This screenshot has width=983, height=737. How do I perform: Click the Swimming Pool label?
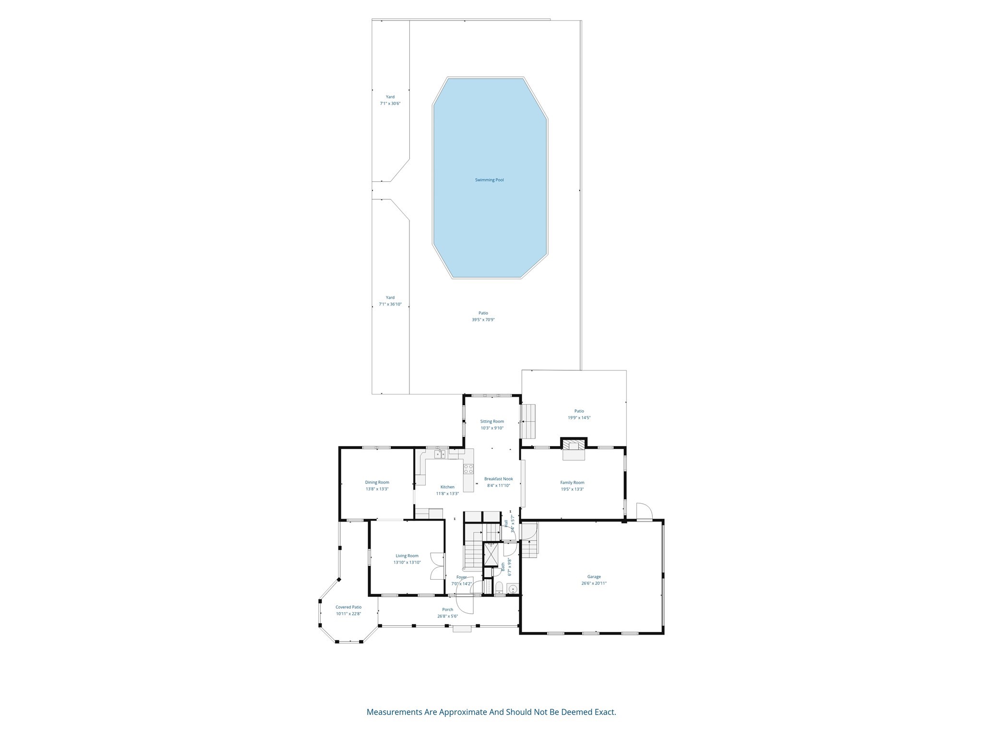pos(489,180)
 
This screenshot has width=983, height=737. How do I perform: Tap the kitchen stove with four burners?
pos(468,469)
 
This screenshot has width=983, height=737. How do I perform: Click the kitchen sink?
pos(440,454)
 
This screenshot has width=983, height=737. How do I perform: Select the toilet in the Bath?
pos(499,588)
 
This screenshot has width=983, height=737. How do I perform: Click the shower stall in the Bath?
pos(491,554)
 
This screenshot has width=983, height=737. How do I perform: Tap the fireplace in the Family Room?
pos(574,449)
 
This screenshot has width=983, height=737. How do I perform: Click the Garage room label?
pos(594,577)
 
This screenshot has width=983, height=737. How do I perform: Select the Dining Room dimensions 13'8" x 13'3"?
pos(377,489)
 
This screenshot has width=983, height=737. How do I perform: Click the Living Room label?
pos(407,556)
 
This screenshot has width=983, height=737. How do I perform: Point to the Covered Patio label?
pos(348,607)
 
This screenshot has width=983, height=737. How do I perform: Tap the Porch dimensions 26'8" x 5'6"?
pos(447,616)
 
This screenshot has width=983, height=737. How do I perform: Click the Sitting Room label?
pos(492,421)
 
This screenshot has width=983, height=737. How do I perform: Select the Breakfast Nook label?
pos(498,479)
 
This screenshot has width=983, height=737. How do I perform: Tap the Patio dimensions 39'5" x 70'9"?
pos(483,320)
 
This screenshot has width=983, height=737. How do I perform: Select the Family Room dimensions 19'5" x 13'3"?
pos(572,489)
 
